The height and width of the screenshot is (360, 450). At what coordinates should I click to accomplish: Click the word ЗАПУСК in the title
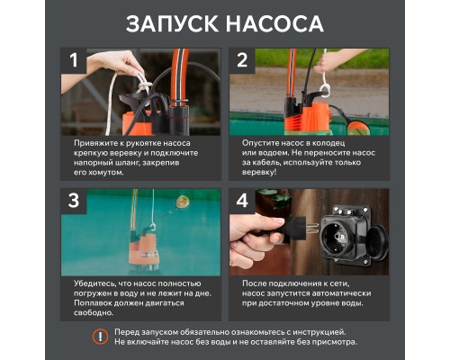pyautogui.click(x=173, y=22)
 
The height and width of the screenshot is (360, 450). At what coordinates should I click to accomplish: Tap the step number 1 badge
pyautogui.click(x=75, y=61)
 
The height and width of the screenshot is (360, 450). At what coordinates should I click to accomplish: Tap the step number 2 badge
pyautogui.click(x=242, y=61)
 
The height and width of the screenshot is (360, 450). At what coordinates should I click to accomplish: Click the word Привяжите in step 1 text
pyautogui.click(x=94, y=143)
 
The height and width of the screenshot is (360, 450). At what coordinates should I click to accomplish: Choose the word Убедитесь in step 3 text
pyautogui.click(x=95, y=283)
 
